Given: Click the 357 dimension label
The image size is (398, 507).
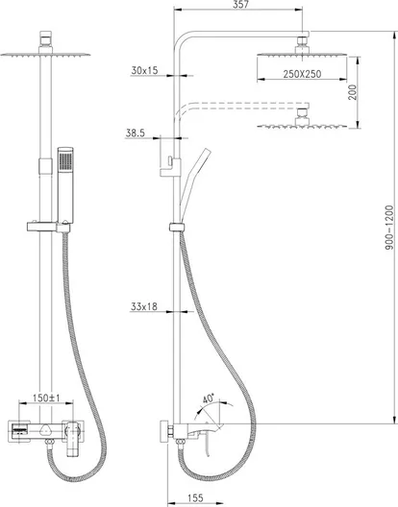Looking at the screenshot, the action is coord(240,4).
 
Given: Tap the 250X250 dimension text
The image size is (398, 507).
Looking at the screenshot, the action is coord(302,74).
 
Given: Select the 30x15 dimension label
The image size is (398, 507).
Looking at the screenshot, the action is coord(144,70).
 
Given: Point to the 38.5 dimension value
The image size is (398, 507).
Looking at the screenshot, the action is coord(135,133).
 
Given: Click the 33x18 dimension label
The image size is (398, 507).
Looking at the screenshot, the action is coord(144,306).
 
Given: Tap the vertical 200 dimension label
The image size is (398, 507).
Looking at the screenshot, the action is coord(353,92).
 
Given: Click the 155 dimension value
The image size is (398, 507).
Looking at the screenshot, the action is coord(195,498).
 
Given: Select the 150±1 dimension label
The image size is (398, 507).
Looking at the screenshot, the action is coord(46,398).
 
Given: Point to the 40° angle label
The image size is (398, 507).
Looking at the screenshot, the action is coord(209,398).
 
